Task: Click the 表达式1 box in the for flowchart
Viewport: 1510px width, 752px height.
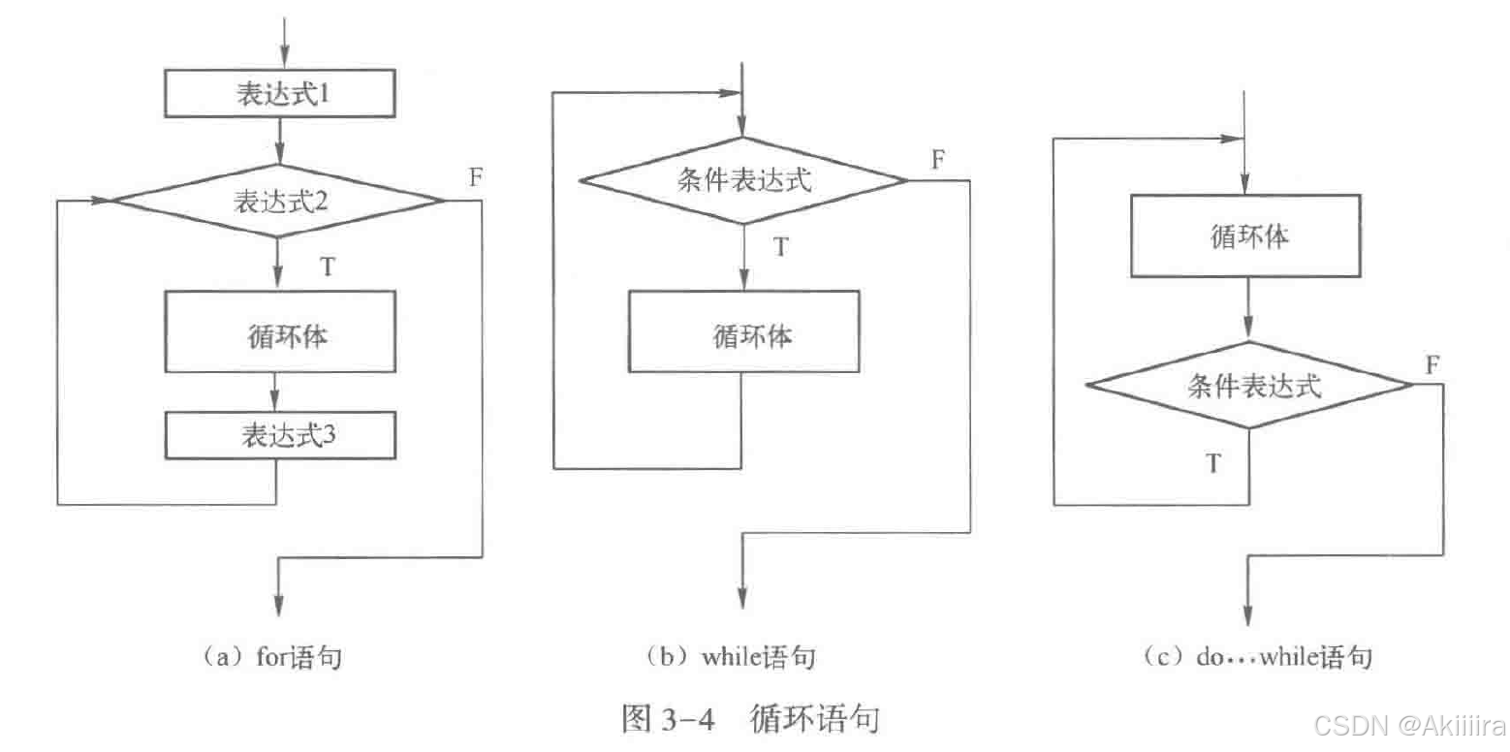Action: coord(281,94)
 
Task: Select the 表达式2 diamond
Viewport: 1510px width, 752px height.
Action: coord(279,201)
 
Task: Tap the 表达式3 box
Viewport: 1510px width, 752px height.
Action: coord(281,435)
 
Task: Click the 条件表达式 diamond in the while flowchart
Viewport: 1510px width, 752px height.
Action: coord(743,180)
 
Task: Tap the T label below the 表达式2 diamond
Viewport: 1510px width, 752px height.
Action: coord(328,266)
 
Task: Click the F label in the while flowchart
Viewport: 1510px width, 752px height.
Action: coord(938,159)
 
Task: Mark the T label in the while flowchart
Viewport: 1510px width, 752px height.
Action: coord(780,247)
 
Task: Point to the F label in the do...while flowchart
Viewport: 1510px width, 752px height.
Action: coord(1431,364)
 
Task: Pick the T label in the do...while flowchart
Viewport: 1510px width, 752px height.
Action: coord(1212,463)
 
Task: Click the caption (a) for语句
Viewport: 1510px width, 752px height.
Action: coord(273,657)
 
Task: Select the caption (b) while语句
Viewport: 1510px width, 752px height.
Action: coord(732,657)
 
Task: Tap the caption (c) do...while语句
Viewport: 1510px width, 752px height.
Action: coord(1257,657)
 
